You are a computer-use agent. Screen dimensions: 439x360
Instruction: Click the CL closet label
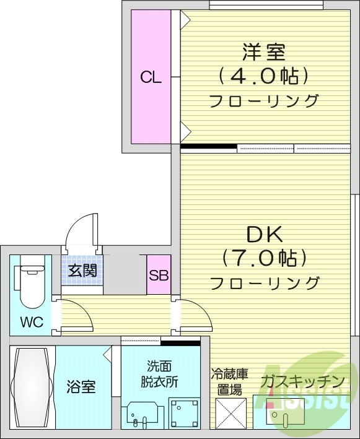pyautogui.click(x=151, y=77)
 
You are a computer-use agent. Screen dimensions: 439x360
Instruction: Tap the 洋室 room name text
pyautogui.click(x=263, y=50)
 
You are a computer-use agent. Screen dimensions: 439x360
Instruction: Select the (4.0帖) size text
pyautogui.click(x=263, y=76)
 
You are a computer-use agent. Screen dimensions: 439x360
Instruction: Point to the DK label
pyautogui.click(x=265, y=233)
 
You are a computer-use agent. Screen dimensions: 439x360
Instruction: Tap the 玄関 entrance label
pyautogui.click(x=82, y=271)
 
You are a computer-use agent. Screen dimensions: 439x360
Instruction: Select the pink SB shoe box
pyautogui.click(x=159, y=275)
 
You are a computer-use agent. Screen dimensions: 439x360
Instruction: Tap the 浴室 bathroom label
pyautogui.click(x=81, y=388)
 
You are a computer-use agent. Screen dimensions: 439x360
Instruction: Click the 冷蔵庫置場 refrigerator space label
pyautogui.click(x=230, y=383)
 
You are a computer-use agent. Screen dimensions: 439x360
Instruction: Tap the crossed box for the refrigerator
pyautogui.click(x=230, y=412)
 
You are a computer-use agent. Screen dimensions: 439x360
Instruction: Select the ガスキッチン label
pyautogui.click(x=302, y=380)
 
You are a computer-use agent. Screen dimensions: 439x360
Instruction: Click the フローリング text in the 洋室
pyautogui.click(x=263, y=100)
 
